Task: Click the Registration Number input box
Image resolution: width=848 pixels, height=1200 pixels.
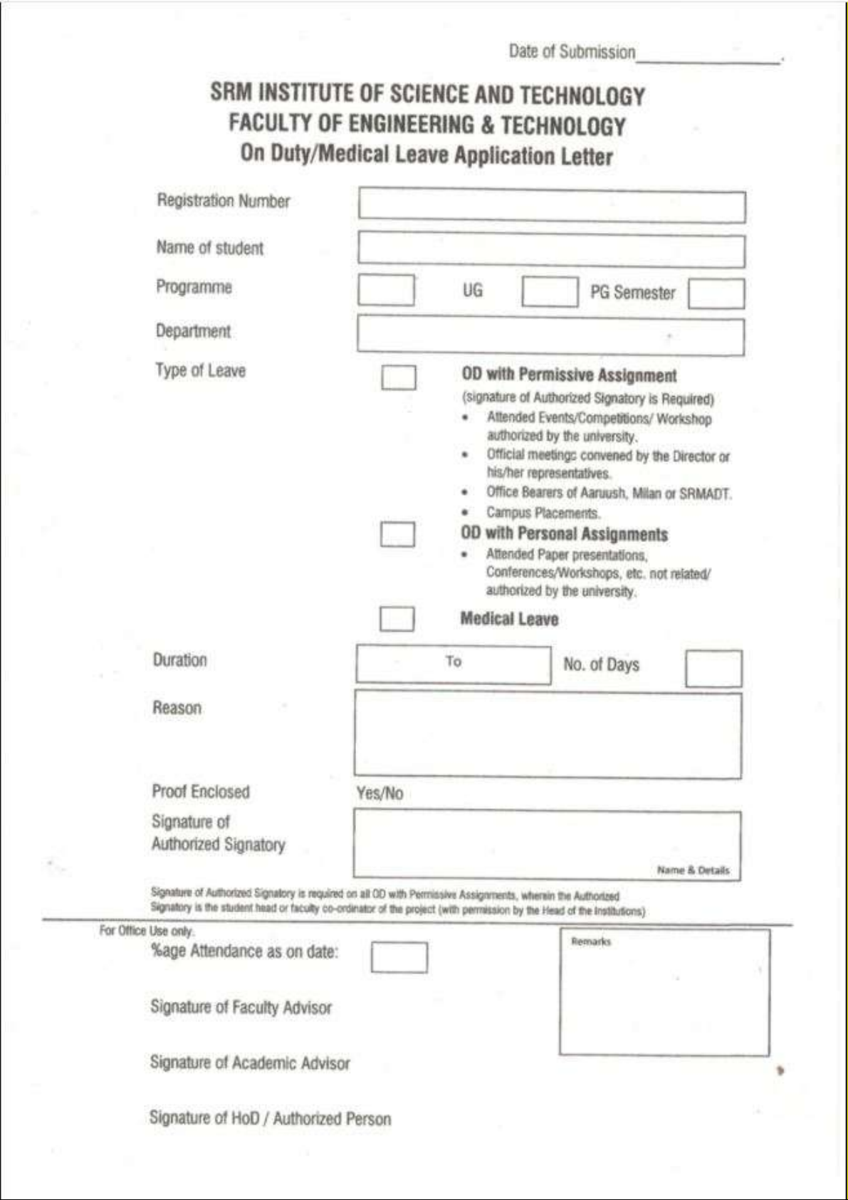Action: click(x=552, y=207)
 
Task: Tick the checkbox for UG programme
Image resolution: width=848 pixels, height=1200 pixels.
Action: click(x=386, y=291)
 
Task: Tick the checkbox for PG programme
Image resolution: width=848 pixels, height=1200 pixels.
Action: click(x=549, y=292)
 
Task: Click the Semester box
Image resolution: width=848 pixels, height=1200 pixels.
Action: click(x=716, y=294)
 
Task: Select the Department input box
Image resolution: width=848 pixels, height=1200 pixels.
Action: click(x=550, y=336)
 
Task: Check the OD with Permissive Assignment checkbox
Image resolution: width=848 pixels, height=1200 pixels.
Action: click(x=399, y=377)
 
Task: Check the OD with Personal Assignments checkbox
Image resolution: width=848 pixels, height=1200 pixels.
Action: click(x=397, y=534)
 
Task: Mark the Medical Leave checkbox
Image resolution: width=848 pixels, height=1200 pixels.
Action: click(x=397, y=619)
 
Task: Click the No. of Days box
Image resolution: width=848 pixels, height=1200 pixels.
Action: click(x=713, y=668)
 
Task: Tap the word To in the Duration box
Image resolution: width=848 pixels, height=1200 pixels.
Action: click(x=454, y=662)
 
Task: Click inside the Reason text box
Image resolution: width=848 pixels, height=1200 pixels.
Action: click(x=548, y=735)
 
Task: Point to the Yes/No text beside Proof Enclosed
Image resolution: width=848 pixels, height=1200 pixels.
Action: click(x=379, y=793)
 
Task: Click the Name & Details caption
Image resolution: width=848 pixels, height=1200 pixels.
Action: click(x=693, y=870)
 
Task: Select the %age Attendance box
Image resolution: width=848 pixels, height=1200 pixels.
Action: click(x=399, y=958)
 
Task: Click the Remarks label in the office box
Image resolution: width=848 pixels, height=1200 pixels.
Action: click(x=591, y=941)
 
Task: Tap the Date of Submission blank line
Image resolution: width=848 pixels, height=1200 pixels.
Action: click(x=708, y=57)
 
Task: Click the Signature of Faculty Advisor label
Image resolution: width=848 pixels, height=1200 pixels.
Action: click(x=241, y=1007)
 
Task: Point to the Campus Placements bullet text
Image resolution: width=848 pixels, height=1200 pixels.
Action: click(x=543, y=513)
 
